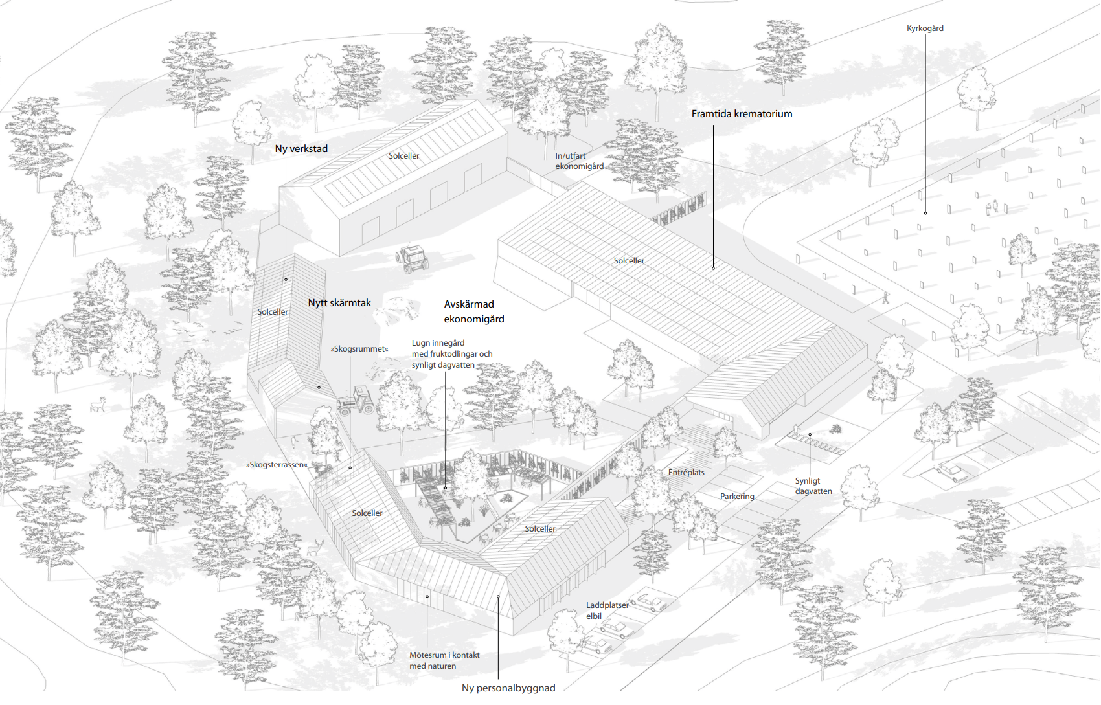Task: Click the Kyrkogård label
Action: [x=925, y=28]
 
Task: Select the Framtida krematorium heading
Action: [x=742, y=114]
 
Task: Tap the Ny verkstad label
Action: [x=301, y=149]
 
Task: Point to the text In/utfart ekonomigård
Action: [x=579, y=161]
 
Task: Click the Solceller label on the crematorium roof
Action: [x=629, y=261]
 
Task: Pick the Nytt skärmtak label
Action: [x=339, y=302]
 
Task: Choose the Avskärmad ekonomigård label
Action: [x=474, y=311]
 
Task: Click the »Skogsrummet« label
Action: [x=359, y=349]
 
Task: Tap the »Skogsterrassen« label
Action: [x=277, y=464]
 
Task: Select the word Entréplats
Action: [x=686, y=473]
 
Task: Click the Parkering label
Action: [x=737, y=497]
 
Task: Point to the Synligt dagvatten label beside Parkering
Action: [x=813, y=486]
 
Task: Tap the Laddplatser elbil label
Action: [x=607, y=610]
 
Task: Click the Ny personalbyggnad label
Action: [x=508, y=688]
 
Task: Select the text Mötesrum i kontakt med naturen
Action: [x=444, y=660]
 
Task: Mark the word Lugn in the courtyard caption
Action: [x=421, y=343]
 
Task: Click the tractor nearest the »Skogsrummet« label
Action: [x=356, y=401]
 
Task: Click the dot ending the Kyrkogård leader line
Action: [x=925, y=213]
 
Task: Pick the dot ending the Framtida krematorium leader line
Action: [x=713, y=268]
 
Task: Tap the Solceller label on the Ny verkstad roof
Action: [x=403, y=156]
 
